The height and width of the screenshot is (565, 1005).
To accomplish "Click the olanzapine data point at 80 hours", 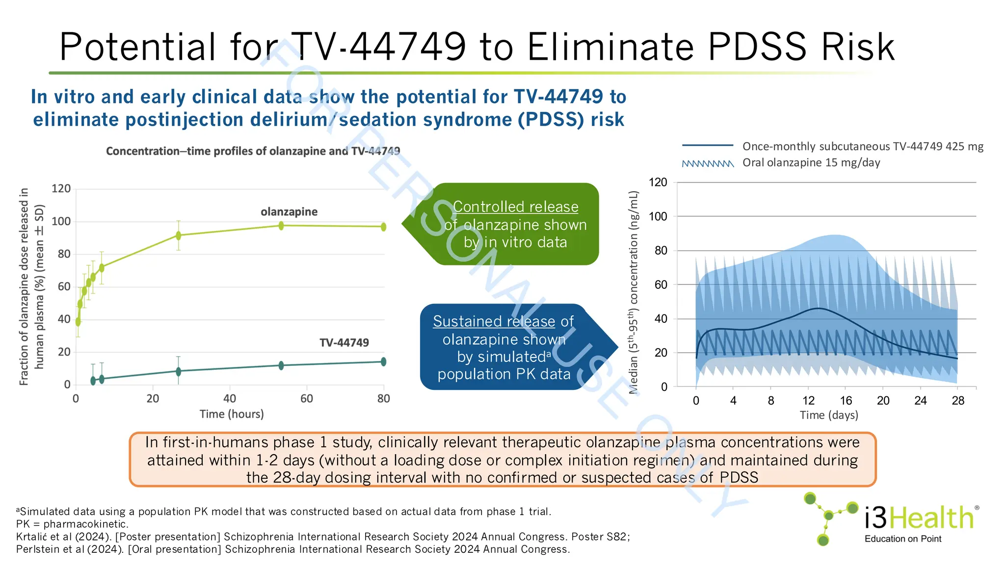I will [383, 227].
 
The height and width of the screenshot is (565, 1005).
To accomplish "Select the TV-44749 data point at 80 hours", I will [383, 361].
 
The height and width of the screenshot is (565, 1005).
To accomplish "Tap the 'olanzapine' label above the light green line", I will [289, 212].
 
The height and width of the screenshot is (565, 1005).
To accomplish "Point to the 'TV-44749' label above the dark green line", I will [344, 343].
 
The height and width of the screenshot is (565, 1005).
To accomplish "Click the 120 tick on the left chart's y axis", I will [61, 189].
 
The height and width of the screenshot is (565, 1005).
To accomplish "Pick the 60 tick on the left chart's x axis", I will [307, 399].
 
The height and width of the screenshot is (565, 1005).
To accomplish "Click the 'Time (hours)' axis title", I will [232, 414].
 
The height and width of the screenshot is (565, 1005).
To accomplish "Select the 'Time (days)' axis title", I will [829, 415].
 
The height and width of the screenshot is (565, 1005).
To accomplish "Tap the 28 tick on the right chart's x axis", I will [958, 401].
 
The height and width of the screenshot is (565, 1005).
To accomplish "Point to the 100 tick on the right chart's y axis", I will [658, 216].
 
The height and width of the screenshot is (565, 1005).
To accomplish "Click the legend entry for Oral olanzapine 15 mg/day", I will [811, 163].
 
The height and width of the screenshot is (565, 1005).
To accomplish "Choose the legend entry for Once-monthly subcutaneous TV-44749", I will [863, 146].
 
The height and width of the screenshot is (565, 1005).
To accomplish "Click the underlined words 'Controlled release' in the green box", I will [515, 207].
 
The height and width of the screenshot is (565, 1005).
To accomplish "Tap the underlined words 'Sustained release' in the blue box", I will [494, 321].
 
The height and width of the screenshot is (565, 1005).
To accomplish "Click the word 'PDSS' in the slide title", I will [758, 47].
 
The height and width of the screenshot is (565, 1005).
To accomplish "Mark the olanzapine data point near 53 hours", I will [281, 226].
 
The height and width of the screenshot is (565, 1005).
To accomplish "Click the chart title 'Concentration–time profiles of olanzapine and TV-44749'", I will [253, 151].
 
